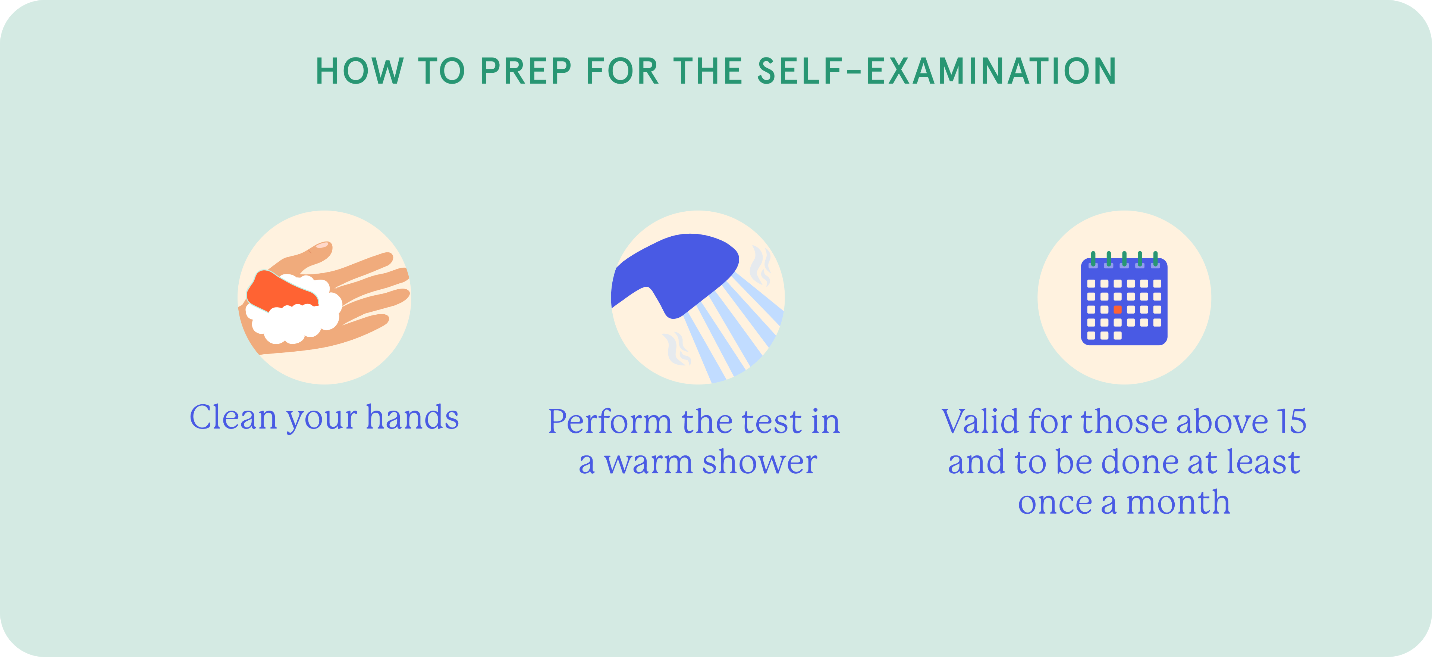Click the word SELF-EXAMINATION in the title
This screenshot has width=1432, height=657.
[937, 71]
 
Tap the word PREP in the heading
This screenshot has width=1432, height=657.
[526, 71]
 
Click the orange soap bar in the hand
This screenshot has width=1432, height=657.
[281, 290]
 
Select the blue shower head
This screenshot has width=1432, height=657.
[675, 273]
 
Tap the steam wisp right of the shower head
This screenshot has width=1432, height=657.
[760, 265]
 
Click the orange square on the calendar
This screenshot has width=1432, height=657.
[1117, 309]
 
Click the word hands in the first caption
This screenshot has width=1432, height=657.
[412, 417]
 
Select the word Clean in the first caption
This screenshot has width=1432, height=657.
[233, 417]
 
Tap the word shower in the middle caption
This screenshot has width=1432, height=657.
[759, 462]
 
